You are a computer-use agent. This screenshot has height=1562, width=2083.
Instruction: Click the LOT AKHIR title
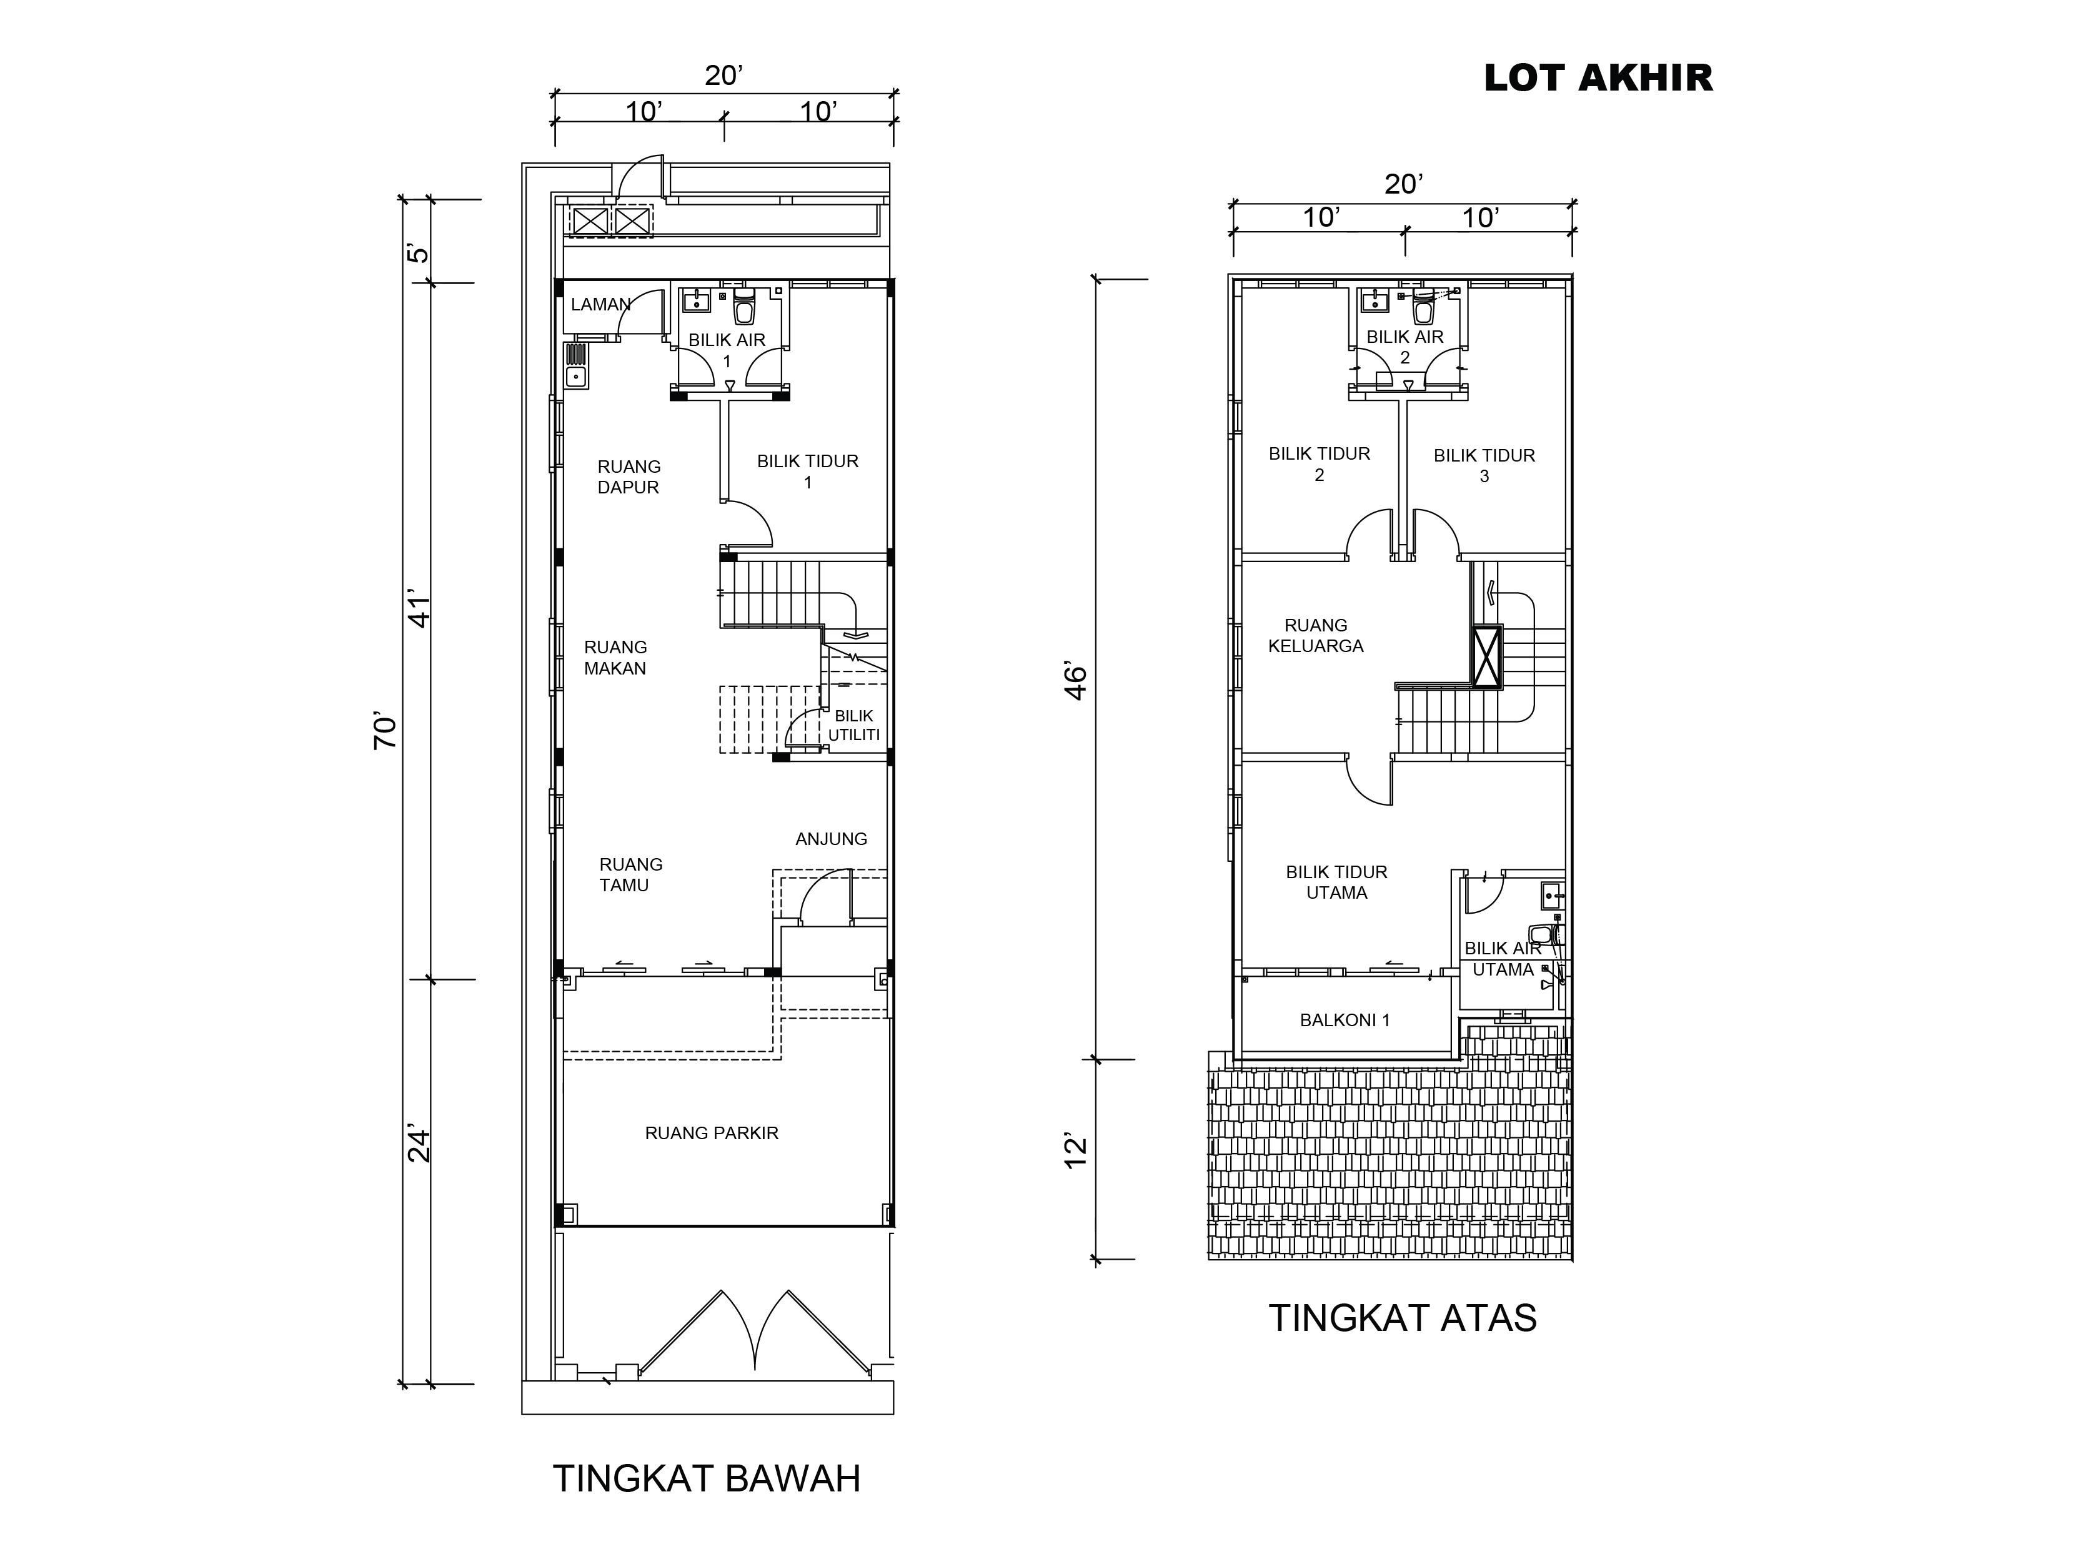pos(1598,78)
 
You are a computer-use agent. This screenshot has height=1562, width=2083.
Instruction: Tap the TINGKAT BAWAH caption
pos(706,1479)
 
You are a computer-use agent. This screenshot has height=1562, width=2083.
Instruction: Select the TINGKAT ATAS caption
pos(1402,1318)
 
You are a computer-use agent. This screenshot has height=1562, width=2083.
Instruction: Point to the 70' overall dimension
pos(386,731)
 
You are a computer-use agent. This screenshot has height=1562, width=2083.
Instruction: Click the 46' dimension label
pos(1075,681)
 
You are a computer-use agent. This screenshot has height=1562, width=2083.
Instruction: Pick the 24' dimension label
pos(419,1144)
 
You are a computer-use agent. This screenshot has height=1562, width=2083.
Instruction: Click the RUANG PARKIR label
pos(712,1134)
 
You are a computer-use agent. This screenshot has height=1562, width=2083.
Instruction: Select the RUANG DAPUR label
pos(629,477)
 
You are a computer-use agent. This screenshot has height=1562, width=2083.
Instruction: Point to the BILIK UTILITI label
pos(854,726)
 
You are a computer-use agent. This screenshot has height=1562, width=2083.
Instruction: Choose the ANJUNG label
pos(832,839)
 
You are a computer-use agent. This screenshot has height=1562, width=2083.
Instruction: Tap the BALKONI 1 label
pos(1345,1020)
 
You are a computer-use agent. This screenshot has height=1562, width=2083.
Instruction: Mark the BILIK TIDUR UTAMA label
pos(1336,882)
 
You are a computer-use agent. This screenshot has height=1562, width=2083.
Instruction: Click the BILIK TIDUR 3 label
pos(1484,466)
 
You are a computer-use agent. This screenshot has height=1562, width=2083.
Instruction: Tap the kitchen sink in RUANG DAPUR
pos(575,366)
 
